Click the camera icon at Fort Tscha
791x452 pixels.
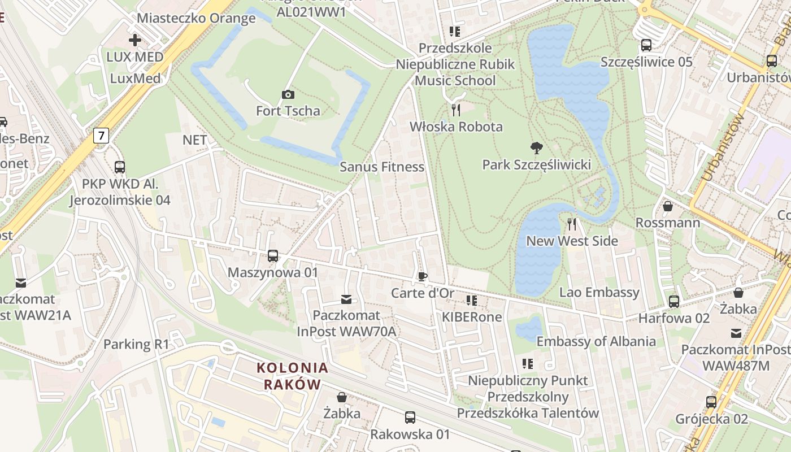(x=288, y=94)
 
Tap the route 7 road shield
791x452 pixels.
(x=101, y=136)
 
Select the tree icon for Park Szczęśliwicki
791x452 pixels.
(x=537, y=148)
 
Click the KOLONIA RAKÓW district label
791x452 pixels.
(x=292, y=376)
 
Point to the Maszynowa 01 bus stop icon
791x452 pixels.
(x=273, y=256)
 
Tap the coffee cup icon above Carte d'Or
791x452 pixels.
(x=422, y=276)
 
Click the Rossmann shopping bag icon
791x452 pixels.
(x=667, y=206)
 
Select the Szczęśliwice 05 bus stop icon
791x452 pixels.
(x=646, y=45)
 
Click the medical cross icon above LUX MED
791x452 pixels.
(x=134, y=40)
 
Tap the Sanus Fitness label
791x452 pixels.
(x=382, y=167)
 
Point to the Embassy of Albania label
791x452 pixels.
(x=596, y=341)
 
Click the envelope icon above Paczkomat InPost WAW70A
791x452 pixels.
(x=346, y=299)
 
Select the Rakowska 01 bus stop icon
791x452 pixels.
(x=410, y=418)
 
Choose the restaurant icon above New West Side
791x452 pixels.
(x=572, y=224)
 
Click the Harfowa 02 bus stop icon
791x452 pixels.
(x=673, y=302)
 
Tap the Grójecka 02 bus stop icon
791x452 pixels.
(x=711, y=402)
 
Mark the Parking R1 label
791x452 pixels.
(x=136, y=344)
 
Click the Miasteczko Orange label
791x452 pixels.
(x=196, y=18)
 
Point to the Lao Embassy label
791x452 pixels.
(x=599, y=292)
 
